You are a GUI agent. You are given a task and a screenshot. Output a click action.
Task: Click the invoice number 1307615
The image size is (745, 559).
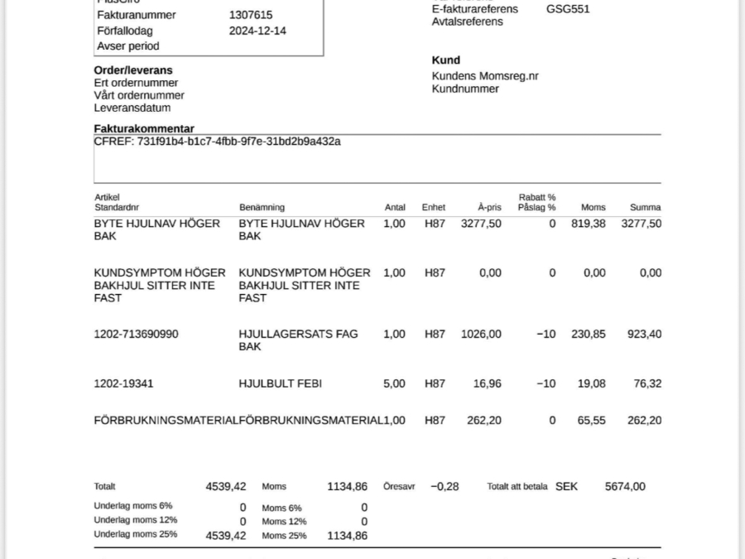(251, 15)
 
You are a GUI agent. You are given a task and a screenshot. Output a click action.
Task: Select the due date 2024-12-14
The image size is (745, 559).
(257, 31)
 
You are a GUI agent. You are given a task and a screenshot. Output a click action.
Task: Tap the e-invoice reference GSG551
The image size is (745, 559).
(568, 9)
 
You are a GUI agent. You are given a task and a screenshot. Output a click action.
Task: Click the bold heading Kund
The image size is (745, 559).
(445, 60)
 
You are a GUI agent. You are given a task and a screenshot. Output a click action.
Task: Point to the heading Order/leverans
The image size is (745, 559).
(133, 70)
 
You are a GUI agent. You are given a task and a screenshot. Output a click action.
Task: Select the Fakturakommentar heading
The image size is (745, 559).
(144, 128)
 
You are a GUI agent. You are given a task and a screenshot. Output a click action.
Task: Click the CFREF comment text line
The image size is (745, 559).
(217, 142)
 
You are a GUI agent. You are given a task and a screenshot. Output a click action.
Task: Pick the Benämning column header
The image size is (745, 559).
(262, 207)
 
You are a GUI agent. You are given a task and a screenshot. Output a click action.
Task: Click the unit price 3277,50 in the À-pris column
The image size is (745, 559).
(481, 224)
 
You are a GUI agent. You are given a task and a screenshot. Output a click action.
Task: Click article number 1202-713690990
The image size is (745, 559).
(136, 335)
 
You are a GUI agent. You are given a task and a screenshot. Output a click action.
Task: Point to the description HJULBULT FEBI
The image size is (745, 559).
(280, 384)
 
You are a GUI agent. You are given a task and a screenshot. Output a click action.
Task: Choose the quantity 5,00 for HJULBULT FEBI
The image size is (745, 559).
(395, 384)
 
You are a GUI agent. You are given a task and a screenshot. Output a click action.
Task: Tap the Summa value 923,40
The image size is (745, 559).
(645, 335)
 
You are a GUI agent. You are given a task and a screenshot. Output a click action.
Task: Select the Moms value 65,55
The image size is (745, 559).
(591, 421)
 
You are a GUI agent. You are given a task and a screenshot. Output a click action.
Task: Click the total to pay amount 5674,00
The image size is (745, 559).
(625, 487)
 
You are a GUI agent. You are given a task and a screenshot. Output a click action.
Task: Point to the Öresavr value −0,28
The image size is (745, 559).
(445, 487)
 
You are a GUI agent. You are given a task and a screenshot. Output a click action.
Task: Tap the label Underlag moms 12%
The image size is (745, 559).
(136, 520)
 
